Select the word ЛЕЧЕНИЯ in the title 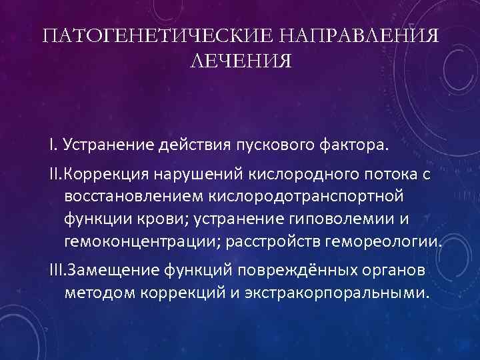[x=240, y=61]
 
